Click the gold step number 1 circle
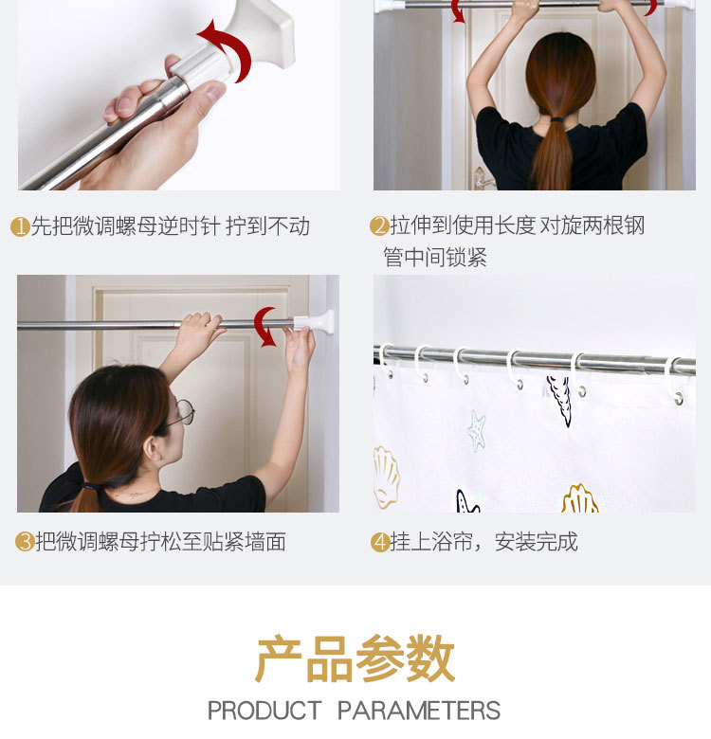click(x=20, y=226)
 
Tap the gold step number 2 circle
click(x=379, y=225)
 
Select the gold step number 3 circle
click(x=25, y=542)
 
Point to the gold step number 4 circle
click(x=380, y=542)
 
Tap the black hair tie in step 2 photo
click(x=556, y=119)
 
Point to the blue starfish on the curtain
click(x=477, y=430)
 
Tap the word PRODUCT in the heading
click(x=264, y=711)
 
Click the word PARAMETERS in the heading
click(x=419, y=711)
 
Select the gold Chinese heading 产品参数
click(x=355, y=658)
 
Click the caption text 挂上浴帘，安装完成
click(x=483, y=542)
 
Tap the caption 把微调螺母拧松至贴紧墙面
click(x=160, y=542)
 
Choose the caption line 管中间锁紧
click(x=435, y=258)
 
